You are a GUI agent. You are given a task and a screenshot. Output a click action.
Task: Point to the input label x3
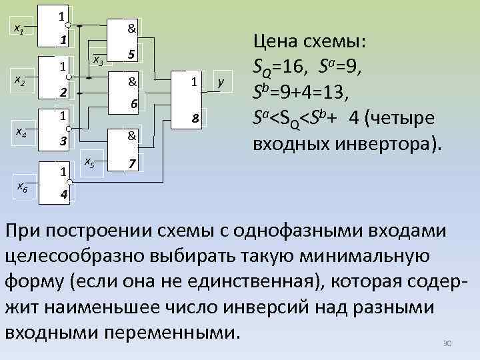(97, 61)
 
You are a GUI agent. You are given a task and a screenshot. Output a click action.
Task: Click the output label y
(221, 82)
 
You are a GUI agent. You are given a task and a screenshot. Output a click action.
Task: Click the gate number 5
(132, 54)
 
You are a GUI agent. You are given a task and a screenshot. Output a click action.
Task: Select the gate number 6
(133, 105)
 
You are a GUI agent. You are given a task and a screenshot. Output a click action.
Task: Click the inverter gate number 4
(62, 195)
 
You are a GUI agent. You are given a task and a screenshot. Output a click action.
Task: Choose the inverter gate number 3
(62, 141)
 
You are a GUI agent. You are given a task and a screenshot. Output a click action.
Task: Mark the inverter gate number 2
(62, 91)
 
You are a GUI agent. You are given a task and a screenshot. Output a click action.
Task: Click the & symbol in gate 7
(132, 135)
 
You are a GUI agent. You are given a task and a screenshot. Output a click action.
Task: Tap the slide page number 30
(447, 343)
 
